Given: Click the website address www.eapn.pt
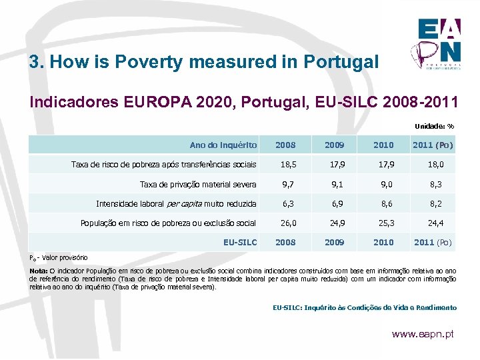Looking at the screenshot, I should (x=423, y=333).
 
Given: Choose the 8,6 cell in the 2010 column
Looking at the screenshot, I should (x=383, y=203).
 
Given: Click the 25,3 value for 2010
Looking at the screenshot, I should (x=383, y=223).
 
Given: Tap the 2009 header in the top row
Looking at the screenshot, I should (x=335, y=145).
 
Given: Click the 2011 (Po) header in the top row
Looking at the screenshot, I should (x=433, y=145).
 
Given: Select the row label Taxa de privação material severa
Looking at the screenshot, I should (x=198, y=184).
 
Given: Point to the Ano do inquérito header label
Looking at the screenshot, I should (x=223, y=145).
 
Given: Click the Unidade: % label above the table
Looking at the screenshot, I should (x=434, y=126).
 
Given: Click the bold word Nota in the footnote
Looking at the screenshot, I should (x=37, y=270).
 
